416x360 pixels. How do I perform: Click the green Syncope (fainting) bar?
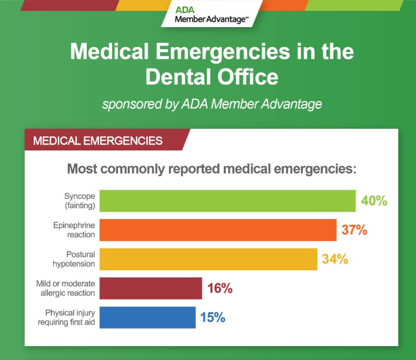point(227,201)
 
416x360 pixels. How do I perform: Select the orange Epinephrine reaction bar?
point(218,230)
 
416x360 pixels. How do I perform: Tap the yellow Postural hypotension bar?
point(208,259)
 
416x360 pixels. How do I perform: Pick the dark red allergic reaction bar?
point(151,288)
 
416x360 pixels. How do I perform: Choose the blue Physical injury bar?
point(147,318)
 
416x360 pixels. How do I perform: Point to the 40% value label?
point(374,201)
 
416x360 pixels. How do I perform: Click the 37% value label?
point(354,230)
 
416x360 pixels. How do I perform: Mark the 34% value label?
point(335,259)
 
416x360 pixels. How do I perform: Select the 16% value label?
point(220,288)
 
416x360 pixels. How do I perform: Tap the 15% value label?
point(213,318)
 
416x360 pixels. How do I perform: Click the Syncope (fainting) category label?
point(80,201)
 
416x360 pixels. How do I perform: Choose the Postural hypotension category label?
point(74,259)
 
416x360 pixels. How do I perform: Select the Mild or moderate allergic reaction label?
point(66,288)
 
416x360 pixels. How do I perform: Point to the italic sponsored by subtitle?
point(212,104)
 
